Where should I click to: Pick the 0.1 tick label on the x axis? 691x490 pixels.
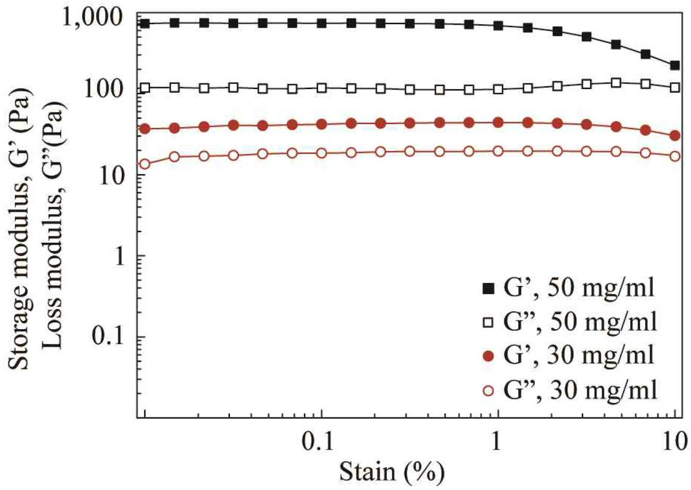tap(318, 442)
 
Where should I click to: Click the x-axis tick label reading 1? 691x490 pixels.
tap(496, 442)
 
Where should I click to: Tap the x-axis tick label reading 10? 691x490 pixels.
tap(675, 442)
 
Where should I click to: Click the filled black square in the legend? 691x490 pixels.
tap(488, 290)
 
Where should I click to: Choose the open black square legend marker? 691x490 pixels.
tap(488, 323)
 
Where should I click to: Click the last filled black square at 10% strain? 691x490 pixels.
tap(674, 65)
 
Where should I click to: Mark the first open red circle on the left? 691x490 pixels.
tap(145, 164)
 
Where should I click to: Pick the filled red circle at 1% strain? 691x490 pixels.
tap(498, 123)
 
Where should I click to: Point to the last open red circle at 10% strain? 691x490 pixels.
tap(675, 156)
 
